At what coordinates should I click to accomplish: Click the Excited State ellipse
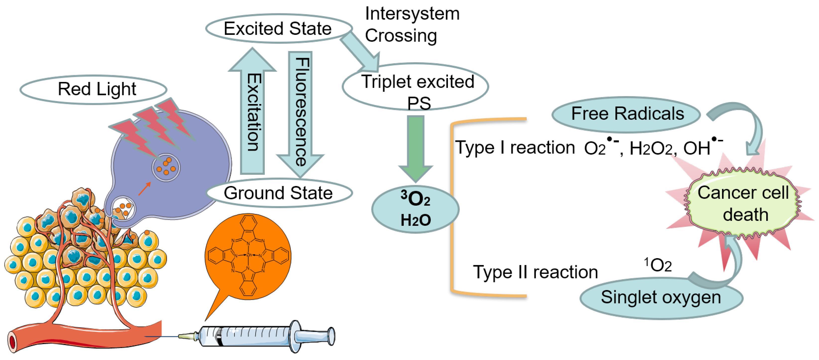(278, 28)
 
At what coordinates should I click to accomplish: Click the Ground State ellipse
(278, 193)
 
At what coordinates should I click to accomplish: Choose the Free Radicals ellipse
(626, 114)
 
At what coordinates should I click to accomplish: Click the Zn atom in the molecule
(249, 255)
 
